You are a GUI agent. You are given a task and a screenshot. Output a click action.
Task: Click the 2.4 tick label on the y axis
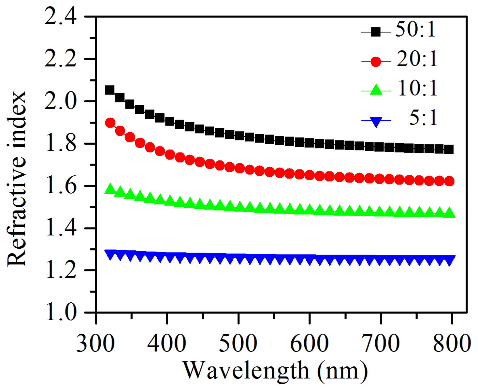(x=60, y=17)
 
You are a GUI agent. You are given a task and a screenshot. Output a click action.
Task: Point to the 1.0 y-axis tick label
(x=60, y=312)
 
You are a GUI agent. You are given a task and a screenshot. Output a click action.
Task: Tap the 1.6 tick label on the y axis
(x=60, y=186)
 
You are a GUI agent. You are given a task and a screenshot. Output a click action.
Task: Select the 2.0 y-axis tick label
(x=60, y=101)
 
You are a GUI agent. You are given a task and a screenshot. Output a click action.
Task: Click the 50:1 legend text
(x=415, y=30)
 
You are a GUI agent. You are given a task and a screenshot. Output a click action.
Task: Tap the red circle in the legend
(x=376, y=62)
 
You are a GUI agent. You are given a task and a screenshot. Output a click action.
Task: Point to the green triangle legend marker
(x=376, y=90)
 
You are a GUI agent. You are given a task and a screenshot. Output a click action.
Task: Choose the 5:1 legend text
(x=423, y=118)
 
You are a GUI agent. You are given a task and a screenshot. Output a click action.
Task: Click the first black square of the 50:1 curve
(x=109, y=90)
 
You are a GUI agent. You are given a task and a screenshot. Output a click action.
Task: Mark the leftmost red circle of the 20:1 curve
(x=110, y=123)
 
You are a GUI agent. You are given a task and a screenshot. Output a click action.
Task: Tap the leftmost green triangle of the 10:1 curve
(x=110, y=189)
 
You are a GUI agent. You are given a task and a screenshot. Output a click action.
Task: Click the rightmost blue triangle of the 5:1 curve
(x=449, y=260)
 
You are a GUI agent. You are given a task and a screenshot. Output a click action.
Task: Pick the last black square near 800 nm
(x=449, y=150)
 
